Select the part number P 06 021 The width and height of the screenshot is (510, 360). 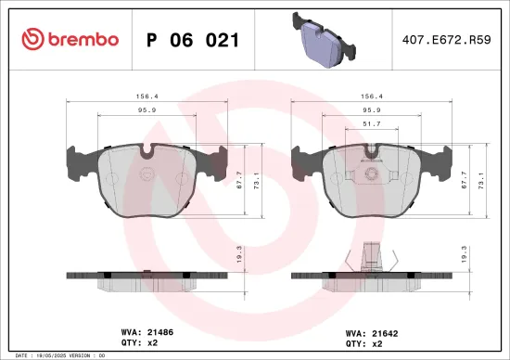pyautogui.click(x=193, y=40)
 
